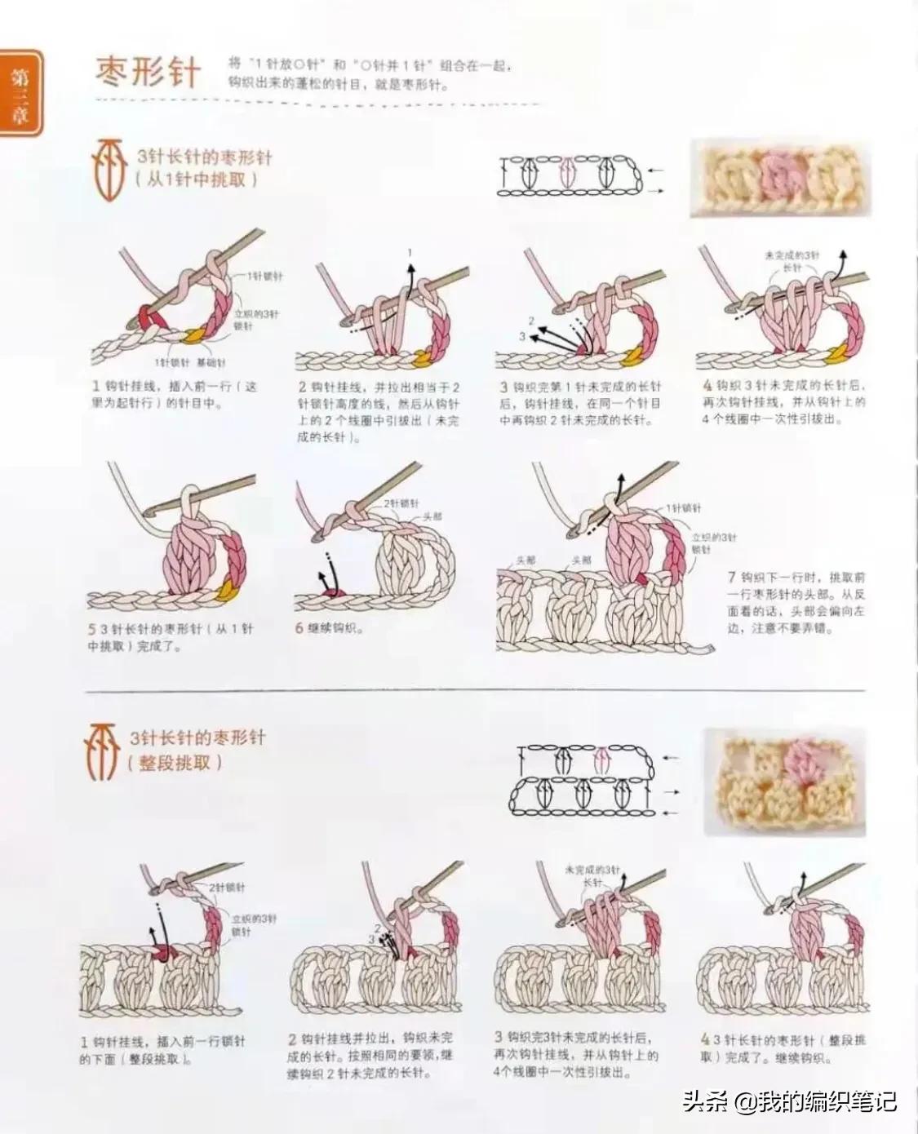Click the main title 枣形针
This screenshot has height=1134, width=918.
pyautogui.click(x=148, y=72)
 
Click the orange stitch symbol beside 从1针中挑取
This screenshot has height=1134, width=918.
pyautogui.click(x=109, y=169)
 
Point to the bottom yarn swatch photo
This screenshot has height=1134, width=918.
pyautogui.click(x=783, y=782)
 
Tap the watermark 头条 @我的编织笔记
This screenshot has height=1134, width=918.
pyautogui.click(x=789, y=1101)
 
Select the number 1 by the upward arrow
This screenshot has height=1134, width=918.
pyautogui.click(x=410, y=252)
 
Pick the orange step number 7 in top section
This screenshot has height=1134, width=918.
pyautogui.click(x=732, y=577)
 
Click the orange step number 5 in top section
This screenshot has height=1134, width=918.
pyautogui.click(x=92, y=629)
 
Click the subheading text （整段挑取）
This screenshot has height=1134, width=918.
pyautogui.click(x=175, y=764)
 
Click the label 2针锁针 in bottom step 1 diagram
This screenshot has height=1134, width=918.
pyautogui.click(x=226, y=887)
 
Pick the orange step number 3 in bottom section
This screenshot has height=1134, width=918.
pyautogui.click(x=498, y=1037)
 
